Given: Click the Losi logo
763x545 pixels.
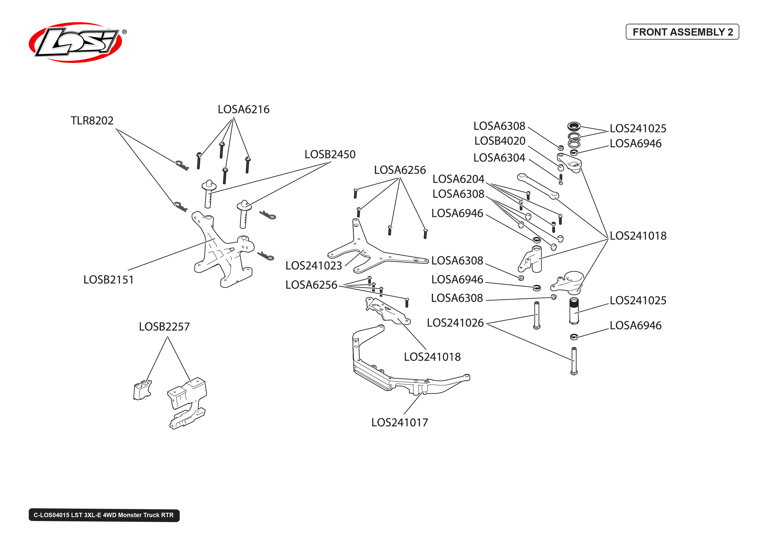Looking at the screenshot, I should [x=76, y=43].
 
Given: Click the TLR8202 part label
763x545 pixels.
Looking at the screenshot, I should [x=92, y=121].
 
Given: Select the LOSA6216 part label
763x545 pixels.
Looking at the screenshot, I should [x=243, y=109].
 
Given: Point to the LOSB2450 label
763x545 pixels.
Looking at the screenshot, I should [x=330, y=154].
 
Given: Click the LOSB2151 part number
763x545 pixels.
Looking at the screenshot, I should [x=108, y=280].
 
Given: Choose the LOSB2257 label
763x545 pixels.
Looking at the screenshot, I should [x=164, y=327].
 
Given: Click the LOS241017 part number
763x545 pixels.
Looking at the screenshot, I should [x=399, y=422].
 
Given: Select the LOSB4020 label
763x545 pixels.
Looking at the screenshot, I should [x=500, y=141].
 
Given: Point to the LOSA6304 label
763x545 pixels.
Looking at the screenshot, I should [x=499, y=158].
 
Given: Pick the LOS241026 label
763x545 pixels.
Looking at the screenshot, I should [x=455, y=323].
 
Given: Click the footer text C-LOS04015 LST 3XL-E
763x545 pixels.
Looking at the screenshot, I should [x=104, y=515].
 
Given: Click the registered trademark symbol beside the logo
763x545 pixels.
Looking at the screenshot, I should [x=124, y=32].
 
